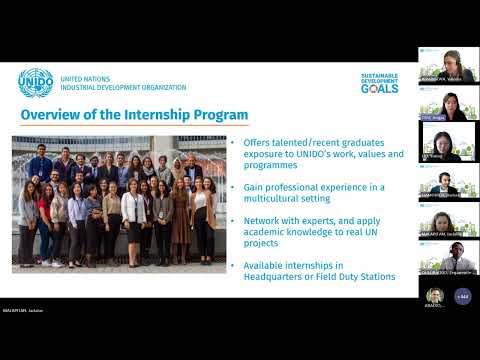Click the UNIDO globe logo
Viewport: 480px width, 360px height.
[36, 83]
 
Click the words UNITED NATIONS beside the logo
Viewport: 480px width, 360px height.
[85, 78]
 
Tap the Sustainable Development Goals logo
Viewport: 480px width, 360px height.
[379, 83]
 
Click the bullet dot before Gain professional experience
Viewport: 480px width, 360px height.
[233, 187]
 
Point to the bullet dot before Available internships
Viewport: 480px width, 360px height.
[233, 265]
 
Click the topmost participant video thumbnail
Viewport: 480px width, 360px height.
[447, 65]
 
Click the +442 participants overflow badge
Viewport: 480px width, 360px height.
[462, 296]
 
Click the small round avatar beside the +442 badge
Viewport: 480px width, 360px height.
[434, 296]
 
